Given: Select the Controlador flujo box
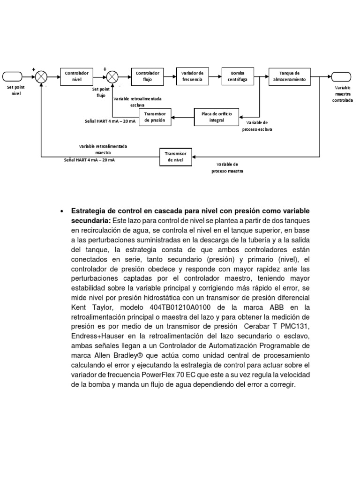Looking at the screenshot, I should coord(147,76).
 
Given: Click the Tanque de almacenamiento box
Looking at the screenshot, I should coord(289,76).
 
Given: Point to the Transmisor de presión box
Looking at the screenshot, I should coord(155,117).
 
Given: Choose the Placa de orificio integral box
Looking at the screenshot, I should coord(216,117).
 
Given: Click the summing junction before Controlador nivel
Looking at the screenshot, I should coord(42,76).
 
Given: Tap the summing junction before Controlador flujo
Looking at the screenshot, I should coord(112,76).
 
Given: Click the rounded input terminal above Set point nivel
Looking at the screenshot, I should coord(13,76).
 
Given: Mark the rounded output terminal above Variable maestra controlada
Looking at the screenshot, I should coord(342,76).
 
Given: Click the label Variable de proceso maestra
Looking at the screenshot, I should coord(230,168).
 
